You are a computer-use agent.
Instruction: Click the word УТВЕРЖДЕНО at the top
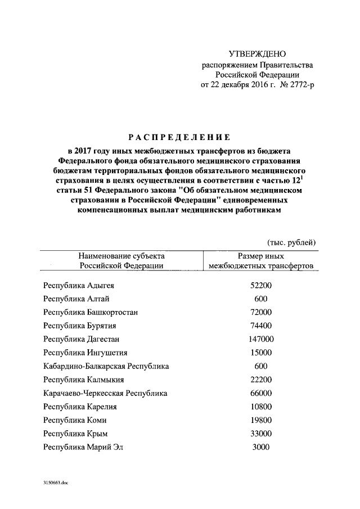click(258, 54)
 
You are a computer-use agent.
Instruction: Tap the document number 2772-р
click(299, 85)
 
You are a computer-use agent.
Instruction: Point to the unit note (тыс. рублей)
click(291, 242)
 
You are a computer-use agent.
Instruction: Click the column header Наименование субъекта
click(121, 256)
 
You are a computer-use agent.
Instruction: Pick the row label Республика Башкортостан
click(91, 312)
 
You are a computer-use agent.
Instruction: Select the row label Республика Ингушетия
click(85, 353)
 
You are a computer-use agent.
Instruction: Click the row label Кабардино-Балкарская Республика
click(106, 366)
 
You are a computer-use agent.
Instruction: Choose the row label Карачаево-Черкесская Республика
click(105, 393)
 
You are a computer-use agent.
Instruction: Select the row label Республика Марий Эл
click(83, 447)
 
